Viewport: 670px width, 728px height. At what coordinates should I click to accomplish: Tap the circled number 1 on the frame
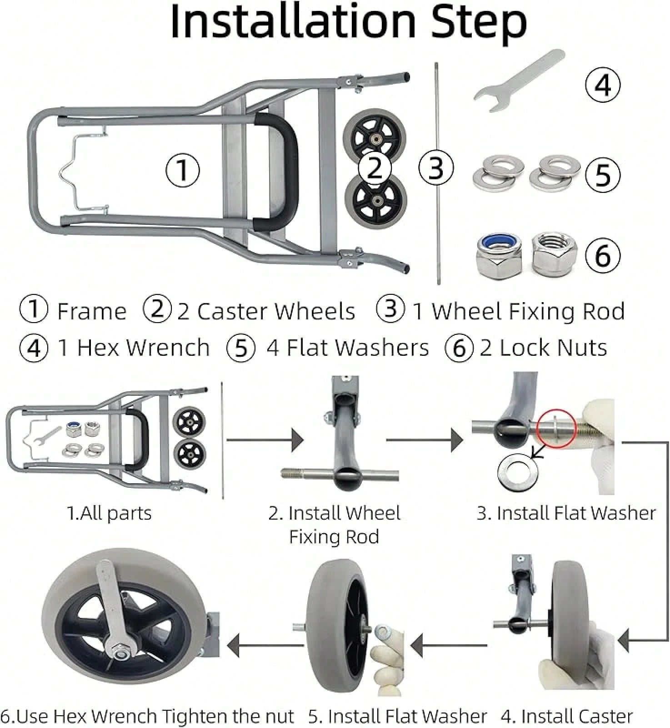(182, 169)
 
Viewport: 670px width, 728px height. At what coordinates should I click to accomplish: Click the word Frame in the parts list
(91, 312)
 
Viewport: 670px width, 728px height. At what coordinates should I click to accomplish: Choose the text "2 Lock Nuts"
(544, 348)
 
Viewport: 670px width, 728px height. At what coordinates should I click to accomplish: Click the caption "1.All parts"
(109, 513)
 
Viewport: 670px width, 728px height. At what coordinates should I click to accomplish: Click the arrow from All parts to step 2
(265, 440)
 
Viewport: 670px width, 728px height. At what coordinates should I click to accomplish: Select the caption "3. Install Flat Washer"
(566, 513)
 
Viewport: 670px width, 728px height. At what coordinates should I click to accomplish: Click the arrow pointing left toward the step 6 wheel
(266, 645)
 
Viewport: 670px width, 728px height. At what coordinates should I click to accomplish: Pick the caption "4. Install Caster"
(567, 716)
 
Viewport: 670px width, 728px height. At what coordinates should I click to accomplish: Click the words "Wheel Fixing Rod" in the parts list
(528, 312)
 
